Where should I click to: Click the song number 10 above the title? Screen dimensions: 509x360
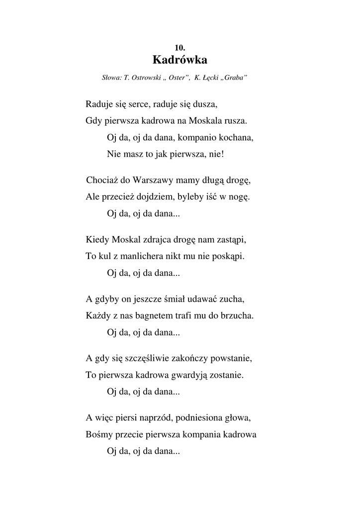coord(180,48)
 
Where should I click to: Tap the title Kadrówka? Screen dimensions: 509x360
coord(180,60)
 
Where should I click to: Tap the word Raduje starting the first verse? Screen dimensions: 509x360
coord(99,104)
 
